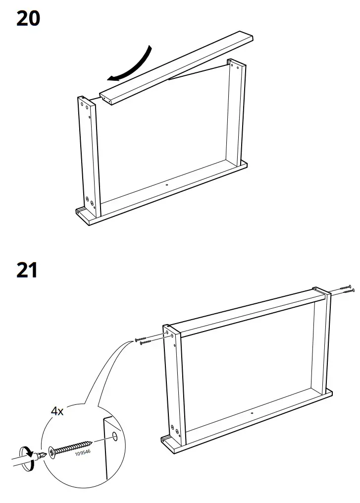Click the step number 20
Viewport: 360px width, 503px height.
tap(28, 19)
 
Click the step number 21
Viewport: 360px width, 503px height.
tap(27, 271)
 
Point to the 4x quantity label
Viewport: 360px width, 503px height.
tap(57, 411)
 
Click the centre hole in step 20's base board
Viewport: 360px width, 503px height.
tap(166, 184)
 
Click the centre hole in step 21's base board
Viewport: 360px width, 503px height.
tap(252, 413)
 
